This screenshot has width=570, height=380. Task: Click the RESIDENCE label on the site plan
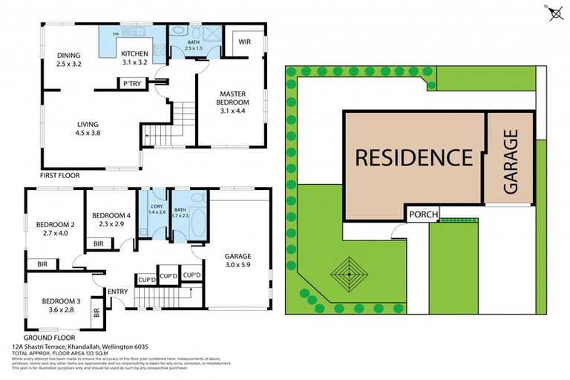coord(413,157)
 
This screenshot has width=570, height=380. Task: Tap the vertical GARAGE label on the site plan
coord(510,161)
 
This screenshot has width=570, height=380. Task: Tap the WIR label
coord(245,42)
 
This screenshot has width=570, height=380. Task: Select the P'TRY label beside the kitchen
coord(134,83)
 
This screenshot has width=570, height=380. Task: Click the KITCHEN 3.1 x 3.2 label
coord(135,58)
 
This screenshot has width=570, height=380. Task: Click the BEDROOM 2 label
coord(56,229)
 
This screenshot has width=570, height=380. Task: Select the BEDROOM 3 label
coord(59,305)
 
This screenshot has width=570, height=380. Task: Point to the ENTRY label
coord(118,290)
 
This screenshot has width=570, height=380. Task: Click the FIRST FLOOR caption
coord(59,176)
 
